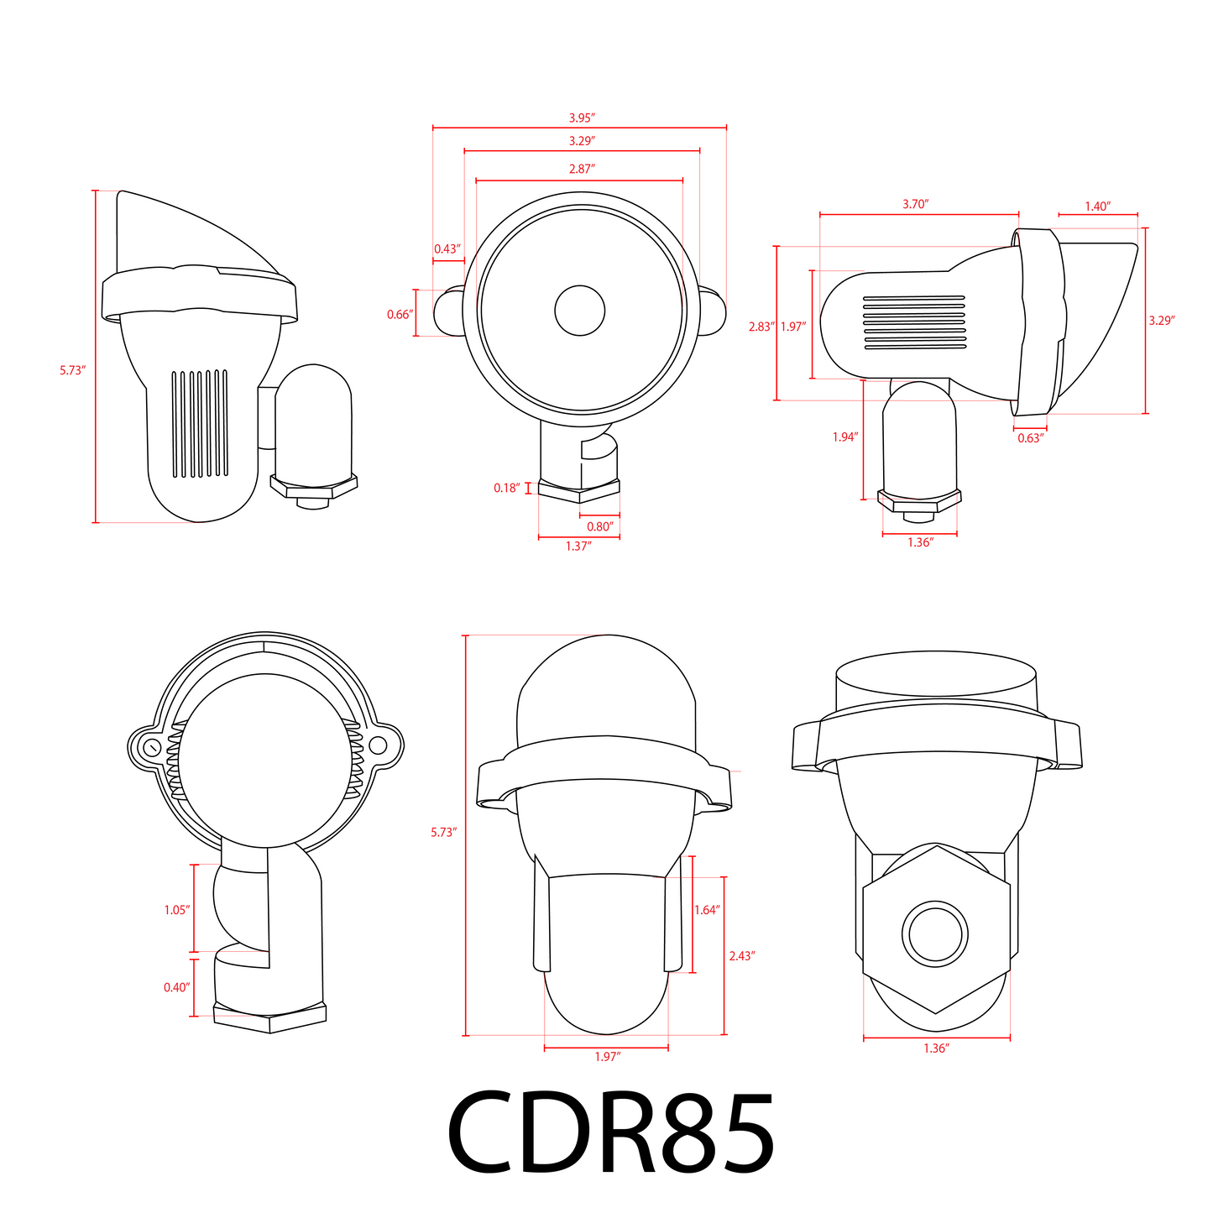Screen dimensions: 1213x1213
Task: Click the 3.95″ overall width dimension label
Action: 581,118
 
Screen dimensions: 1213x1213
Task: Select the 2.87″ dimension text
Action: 581,169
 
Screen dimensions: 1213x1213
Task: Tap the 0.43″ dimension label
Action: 447,248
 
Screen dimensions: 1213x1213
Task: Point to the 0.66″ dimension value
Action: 400,315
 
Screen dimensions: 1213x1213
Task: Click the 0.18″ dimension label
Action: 506,488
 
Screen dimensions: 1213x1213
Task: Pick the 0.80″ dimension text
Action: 599,526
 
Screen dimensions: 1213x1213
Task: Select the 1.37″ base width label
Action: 578,546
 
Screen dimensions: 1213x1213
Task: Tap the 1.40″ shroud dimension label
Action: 1097,207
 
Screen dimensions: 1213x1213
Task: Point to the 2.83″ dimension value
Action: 761,327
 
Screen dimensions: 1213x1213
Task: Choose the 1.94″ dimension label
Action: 844,437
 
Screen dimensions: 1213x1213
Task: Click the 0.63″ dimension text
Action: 1030,438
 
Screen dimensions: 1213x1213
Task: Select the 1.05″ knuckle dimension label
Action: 176,910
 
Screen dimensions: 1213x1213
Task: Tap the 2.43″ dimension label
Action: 742,955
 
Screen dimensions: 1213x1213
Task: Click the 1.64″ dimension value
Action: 707,910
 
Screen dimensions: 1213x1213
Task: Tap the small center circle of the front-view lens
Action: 580,311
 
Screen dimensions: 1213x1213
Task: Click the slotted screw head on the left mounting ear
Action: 152,746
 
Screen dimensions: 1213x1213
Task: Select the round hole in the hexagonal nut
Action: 935,933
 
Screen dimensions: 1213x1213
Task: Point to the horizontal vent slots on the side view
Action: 914,322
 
